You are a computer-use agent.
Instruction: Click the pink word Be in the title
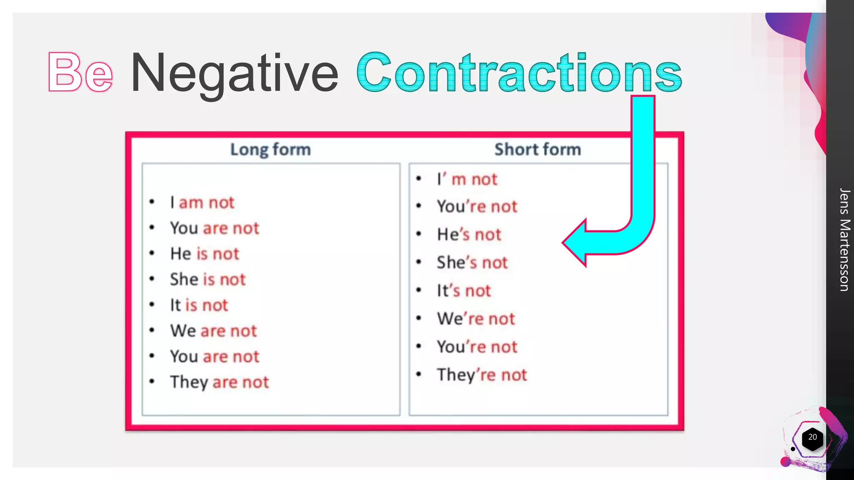[80, 72]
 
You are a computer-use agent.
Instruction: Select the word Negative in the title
[234, 73]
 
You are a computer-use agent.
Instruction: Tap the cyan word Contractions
[519, 72]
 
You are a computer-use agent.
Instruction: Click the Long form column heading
[271, 149]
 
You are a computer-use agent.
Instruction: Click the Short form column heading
[538, 149]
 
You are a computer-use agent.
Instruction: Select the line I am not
[202, 202]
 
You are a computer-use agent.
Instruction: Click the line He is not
[204, 254]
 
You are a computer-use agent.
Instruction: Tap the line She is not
[208, 279]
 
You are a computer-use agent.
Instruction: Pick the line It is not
[199, 305]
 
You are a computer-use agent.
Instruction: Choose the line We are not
[213, 331]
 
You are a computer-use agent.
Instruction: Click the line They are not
[219, 382]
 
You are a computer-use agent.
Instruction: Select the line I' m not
[467, 179]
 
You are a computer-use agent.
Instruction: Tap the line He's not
[469, 235]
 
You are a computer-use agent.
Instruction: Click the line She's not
[472, 262]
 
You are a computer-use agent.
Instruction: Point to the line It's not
[464, 290]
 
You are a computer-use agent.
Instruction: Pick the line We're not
[476, 319]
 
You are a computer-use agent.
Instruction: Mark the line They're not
[482, 375]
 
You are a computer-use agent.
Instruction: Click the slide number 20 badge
[812, 437]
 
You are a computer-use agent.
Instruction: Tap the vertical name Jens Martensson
[844, 240]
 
